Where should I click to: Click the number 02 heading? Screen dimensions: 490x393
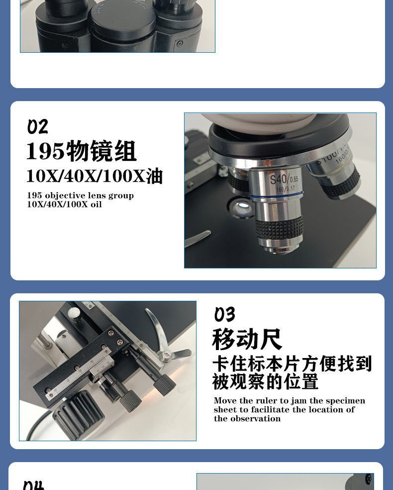[x=38, y=127]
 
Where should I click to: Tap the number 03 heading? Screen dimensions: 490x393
[x=225, y=315]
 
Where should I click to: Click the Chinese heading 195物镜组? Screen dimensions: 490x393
[x=81, y=151]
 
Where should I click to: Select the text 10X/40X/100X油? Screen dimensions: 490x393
[x=95, y=176]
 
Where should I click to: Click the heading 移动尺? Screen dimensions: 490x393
[x=247, y=340]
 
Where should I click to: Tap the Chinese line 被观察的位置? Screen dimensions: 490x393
[x=266, y=382]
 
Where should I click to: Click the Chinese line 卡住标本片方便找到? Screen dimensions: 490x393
[x=292, y=364]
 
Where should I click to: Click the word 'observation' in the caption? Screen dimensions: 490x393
[x=255, y=419]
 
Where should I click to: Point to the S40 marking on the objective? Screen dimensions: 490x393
[x=279, y=179]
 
